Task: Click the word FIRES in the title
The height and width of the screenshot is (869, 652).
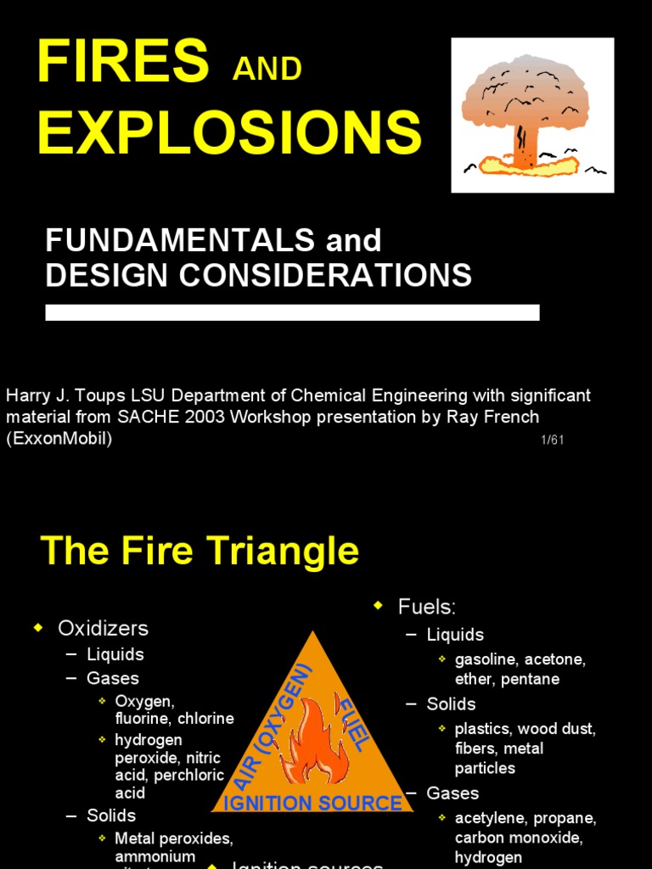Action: click(x=122, y=61)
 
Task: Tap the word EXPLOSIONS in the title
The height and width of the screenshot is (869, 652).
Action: click(x=229, y=133)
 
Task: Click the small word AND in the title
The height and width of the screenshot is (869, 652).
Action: click(x=267, y=69)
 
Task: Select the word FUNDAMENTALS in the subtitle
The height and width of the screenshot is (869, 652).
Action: click(x=180, y=241)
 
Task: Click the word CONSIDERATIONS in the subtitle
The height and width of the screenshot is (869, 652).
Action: click(x=323, y=275)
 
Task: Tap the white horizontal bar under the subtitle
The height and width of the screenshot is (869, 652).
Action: click(x=292, y=312)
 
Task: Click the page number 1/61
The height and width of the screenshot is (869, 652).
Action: click(x=551, y=440)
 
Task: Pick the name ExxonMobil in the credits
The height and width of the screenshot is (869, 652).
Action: click(x=59, y=439)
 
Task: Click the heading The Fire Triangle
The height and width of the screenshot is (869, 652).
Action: click(x=200, y=552)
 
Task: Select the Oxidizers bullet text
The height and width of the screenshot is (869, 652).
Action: click(x=103, y=628)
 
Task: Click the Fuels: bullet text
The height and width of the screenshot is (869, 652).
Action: click(x=427, y=607)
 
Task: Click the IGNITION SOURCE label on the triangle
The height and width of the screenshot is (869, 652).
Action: click(x=312, y=803)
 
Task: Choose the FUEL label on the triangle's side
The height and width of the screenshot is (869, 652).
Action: click(x=354, y=724)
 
